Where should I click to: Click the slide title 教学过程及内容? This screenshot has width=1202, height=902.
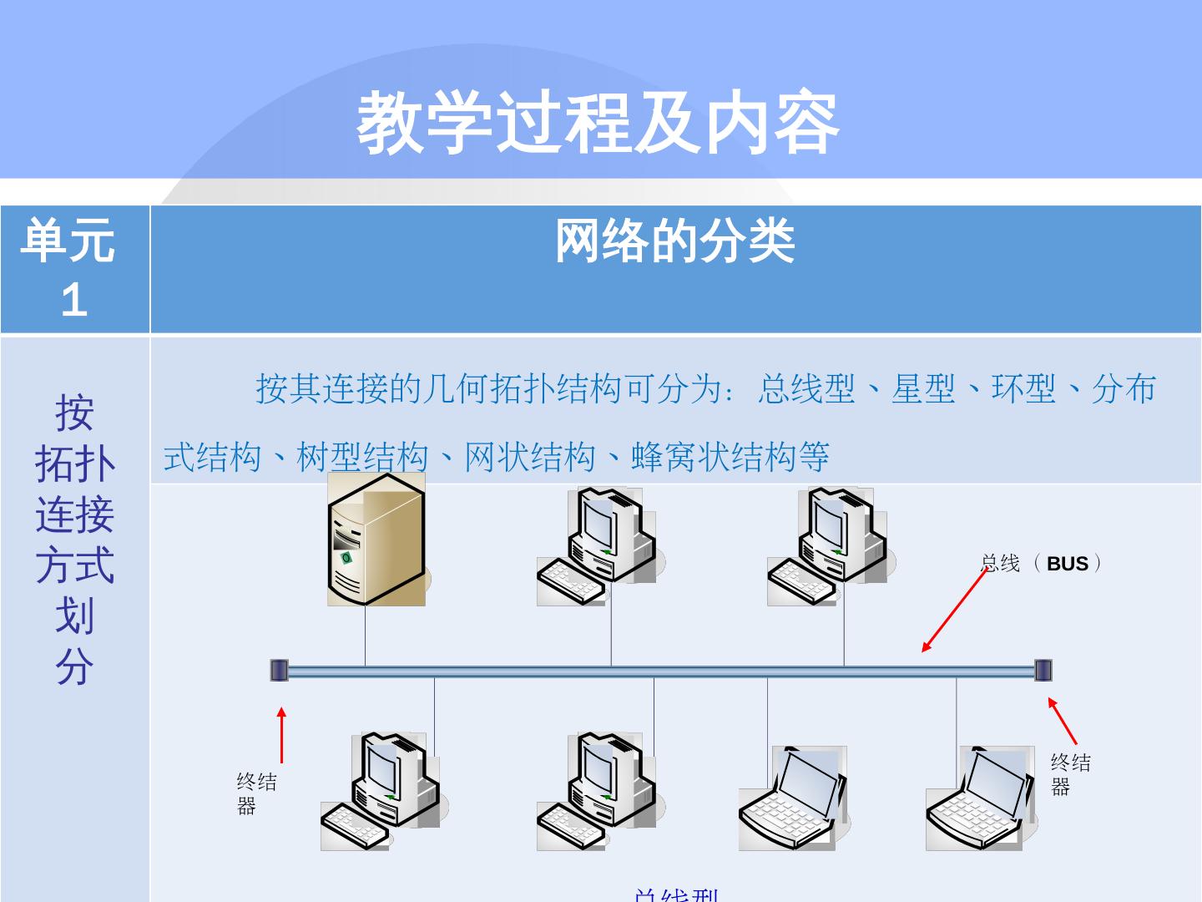pos(598,124)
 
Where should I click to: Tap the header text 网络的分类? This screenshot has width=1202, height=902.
pos(674,242)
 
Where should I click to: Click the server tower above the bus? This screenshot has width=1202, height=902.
pos(376,540)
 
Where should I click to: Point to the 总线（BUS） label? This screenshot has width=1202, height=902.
pos(1041,564)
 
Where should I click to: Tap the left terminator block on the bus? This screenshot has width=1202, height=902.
pos(279,670)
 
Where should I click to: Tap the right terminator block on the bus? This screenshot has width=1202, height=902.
pos(1043,670)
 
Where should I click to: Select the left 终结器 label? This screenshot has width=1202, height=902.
pos(255,793)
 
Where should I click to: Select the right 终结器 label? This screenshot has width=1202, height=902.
pos(1070,774)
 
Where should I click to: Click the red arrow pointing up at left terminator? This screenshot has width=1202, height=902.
pos(282,735)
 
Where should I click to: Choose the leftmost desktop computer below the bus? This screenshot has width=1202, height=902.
pos(381,792)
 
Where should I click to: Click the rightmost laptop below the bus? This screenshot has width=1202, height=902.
pos(976,798)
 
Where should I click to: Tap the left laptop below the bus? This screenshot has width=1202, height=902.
pos(792,798)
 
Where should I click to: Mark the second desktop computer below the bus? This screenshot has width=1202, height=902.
pos(597,792)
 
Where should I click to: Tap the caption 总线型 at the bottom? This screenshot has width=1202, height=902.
pos(676,894)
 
